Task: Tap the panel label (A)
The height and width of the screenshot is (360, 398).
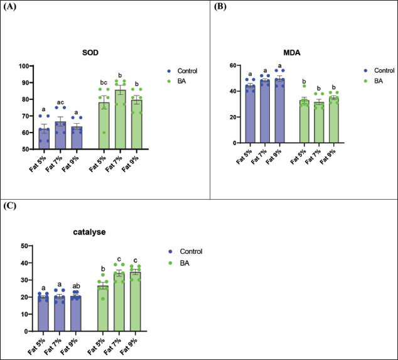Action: [x=10, y=9]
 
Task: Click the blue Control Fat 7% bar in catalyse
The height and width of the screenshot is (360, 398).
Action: [x=58, y=313]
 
